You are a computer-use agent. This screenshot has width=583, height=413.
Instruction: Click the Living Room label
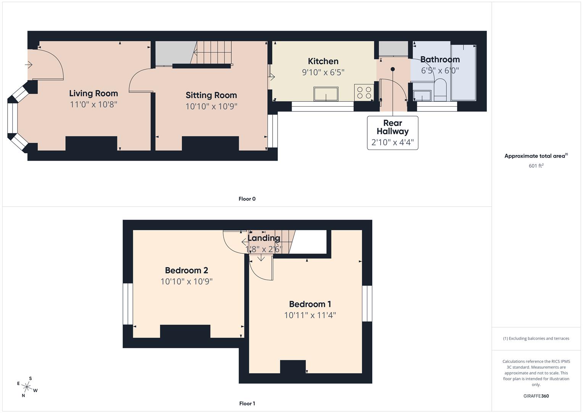(x=94, y=93)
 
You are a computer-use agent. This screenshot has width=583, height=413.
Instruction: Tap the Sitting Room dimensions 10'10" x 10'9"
(x=211, y=106)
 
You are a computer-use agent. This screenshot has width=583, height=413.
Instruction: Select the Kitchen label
(x=323, y=61)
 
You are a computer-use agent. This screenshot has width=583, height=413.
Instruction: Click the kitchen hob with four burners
(x=364, y=93)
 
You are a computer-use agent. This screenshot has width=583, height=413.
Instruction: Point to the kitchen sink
(x=326, y=94)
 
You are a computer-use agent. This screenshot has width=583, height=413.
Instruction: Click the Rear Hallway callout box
(x=392, y=133)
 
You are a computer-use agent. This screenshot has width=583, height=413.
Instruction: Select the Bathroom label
(x=440, y=60)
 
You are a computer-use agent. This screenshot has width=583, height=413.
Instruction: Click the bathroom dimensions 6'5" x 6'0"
(x=440, y=71)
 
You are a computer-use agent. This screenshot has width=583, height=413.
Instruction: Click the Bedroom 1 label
(x=310, y=304)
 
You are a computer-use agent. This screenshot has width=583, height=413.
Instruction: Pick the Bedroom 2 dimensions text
(x=186, y=282)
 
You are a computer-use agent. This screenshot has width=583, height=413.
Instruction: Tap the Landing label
(x=263, y=238)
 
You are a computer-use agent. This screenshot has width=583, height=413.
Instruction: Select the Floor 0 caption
(x=247, y=199)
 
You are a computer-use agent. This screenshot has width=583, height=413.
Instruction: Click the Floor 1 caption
(x=247, y=403)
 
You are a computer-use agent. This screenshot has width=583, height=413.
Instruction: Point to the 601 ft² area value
(x=536, y=166)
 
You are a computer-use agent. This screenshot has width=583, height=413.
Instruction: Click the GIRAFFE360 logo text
(x=536, y=396)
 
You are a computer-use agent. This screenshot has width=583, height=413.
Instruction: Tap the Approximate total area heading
(x=536, y=156)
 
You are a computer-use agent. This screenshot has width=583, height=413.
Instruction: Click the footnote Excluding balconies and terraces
(x=536, y=338)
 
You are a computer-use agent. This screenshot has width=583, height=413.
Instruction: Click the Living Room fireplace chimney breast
(x=91, y=143)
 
